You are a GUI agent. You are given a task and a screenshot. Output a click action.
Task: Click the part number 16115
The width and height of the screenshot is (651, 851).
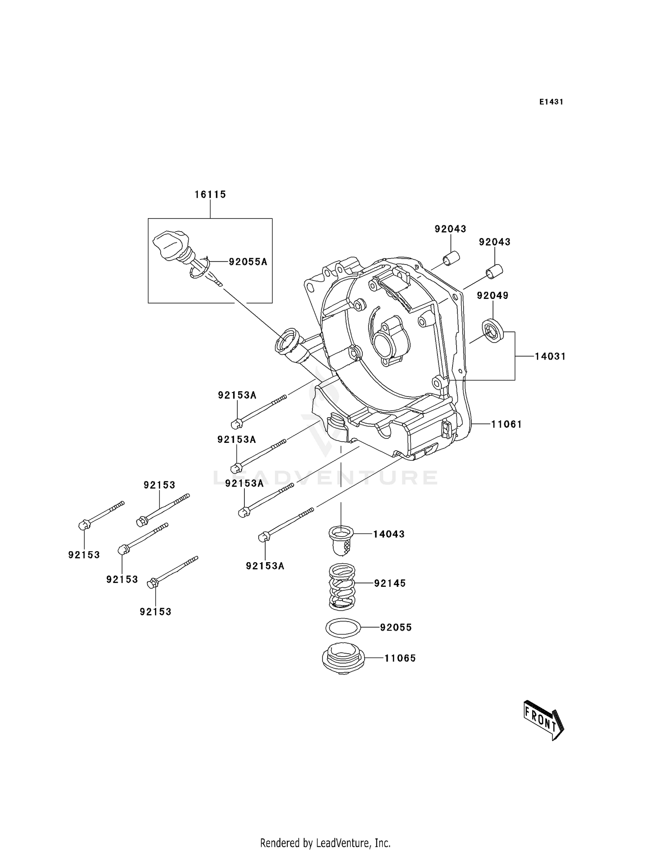210,195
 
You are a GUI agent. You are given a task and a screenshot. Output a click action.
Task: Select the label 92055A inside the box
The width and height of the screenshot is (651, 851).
248,262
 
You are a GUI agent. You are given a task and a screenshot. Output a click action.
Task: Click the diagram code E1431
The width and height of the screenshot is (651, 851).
551,102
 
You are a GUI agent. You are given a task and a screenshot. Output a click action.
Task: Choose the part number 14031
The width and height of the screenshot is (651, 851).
550,357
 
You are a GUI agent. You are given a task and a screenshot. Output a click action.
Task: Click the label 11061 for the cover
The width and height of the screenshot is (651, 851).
506,424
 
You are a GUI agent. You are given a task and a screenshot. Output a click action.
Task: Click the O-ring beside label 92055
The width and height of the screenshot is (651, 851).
343,627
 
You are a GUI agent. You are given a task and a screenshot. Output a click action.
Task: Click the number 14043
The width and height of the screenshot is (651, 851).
389,534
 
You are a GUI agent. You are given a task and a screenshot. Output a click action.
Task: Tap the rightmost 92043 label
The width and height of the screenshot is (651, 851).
495,242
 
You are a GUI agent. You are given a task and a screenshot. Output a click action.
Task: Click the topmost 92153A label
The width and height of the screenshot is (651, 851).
237,396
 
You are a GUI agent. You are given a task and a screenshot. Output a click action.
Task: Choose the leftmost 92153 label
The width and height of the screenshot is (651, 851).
84,555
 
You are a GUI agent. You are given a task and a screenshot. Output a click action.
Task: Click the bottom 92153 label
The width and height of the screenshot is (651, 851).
155,612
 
